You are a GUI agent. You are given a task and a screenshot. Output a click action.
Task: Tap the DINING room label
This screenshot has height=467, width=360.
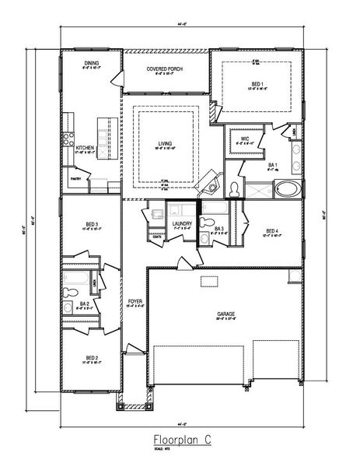[x=91, y=64]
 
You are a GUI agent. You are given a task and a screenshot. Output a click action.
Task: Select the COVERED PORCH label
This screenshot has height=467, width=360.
[x=164, y=68]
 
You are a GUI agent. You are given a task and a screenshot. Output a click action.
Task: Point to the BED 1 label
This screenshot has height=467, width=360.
[x=257, y=83]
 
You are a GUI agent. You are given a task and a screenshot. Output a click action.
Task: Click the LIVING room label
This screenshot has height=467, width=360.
[x=164, y=143]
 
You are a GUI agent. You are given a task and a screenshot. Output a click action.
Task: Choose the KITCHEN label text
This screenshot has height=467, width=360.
[x=85, y=147]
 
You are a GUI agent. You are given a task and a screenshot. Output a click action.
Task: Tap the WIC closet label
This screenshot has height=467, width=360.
[x=244, y=138]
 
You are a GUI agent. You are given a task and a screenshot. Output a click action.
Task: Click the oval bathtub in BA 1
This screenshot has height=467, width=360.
[x=286, y=188]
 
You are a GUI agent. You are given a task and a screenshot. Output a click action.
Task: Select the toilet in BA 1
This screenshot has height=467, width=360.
[x=234, y=187]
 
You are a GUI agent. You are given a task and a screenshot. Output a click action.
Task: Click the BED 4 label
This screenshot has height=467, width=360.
[x=271, y=230]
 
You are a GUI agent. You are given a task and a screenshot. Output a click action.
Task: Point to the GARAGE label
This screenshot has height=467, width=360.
[x=225, y=314]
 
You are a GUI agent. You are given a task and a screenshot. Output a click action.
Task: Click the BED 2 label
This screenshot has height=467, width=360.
[x=91, y=359]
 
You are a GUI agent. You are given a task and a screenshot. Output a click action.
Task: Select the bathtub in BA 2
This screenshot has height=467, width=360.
[x=77, y=279]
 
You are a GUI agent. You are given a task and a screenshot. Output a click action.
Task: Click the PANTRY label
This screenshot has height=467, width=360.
[x=77, y=178]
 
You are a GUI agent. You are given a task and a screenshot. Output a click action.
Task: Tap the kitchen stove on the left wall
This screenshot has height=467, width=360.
[x=68, y=141]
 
